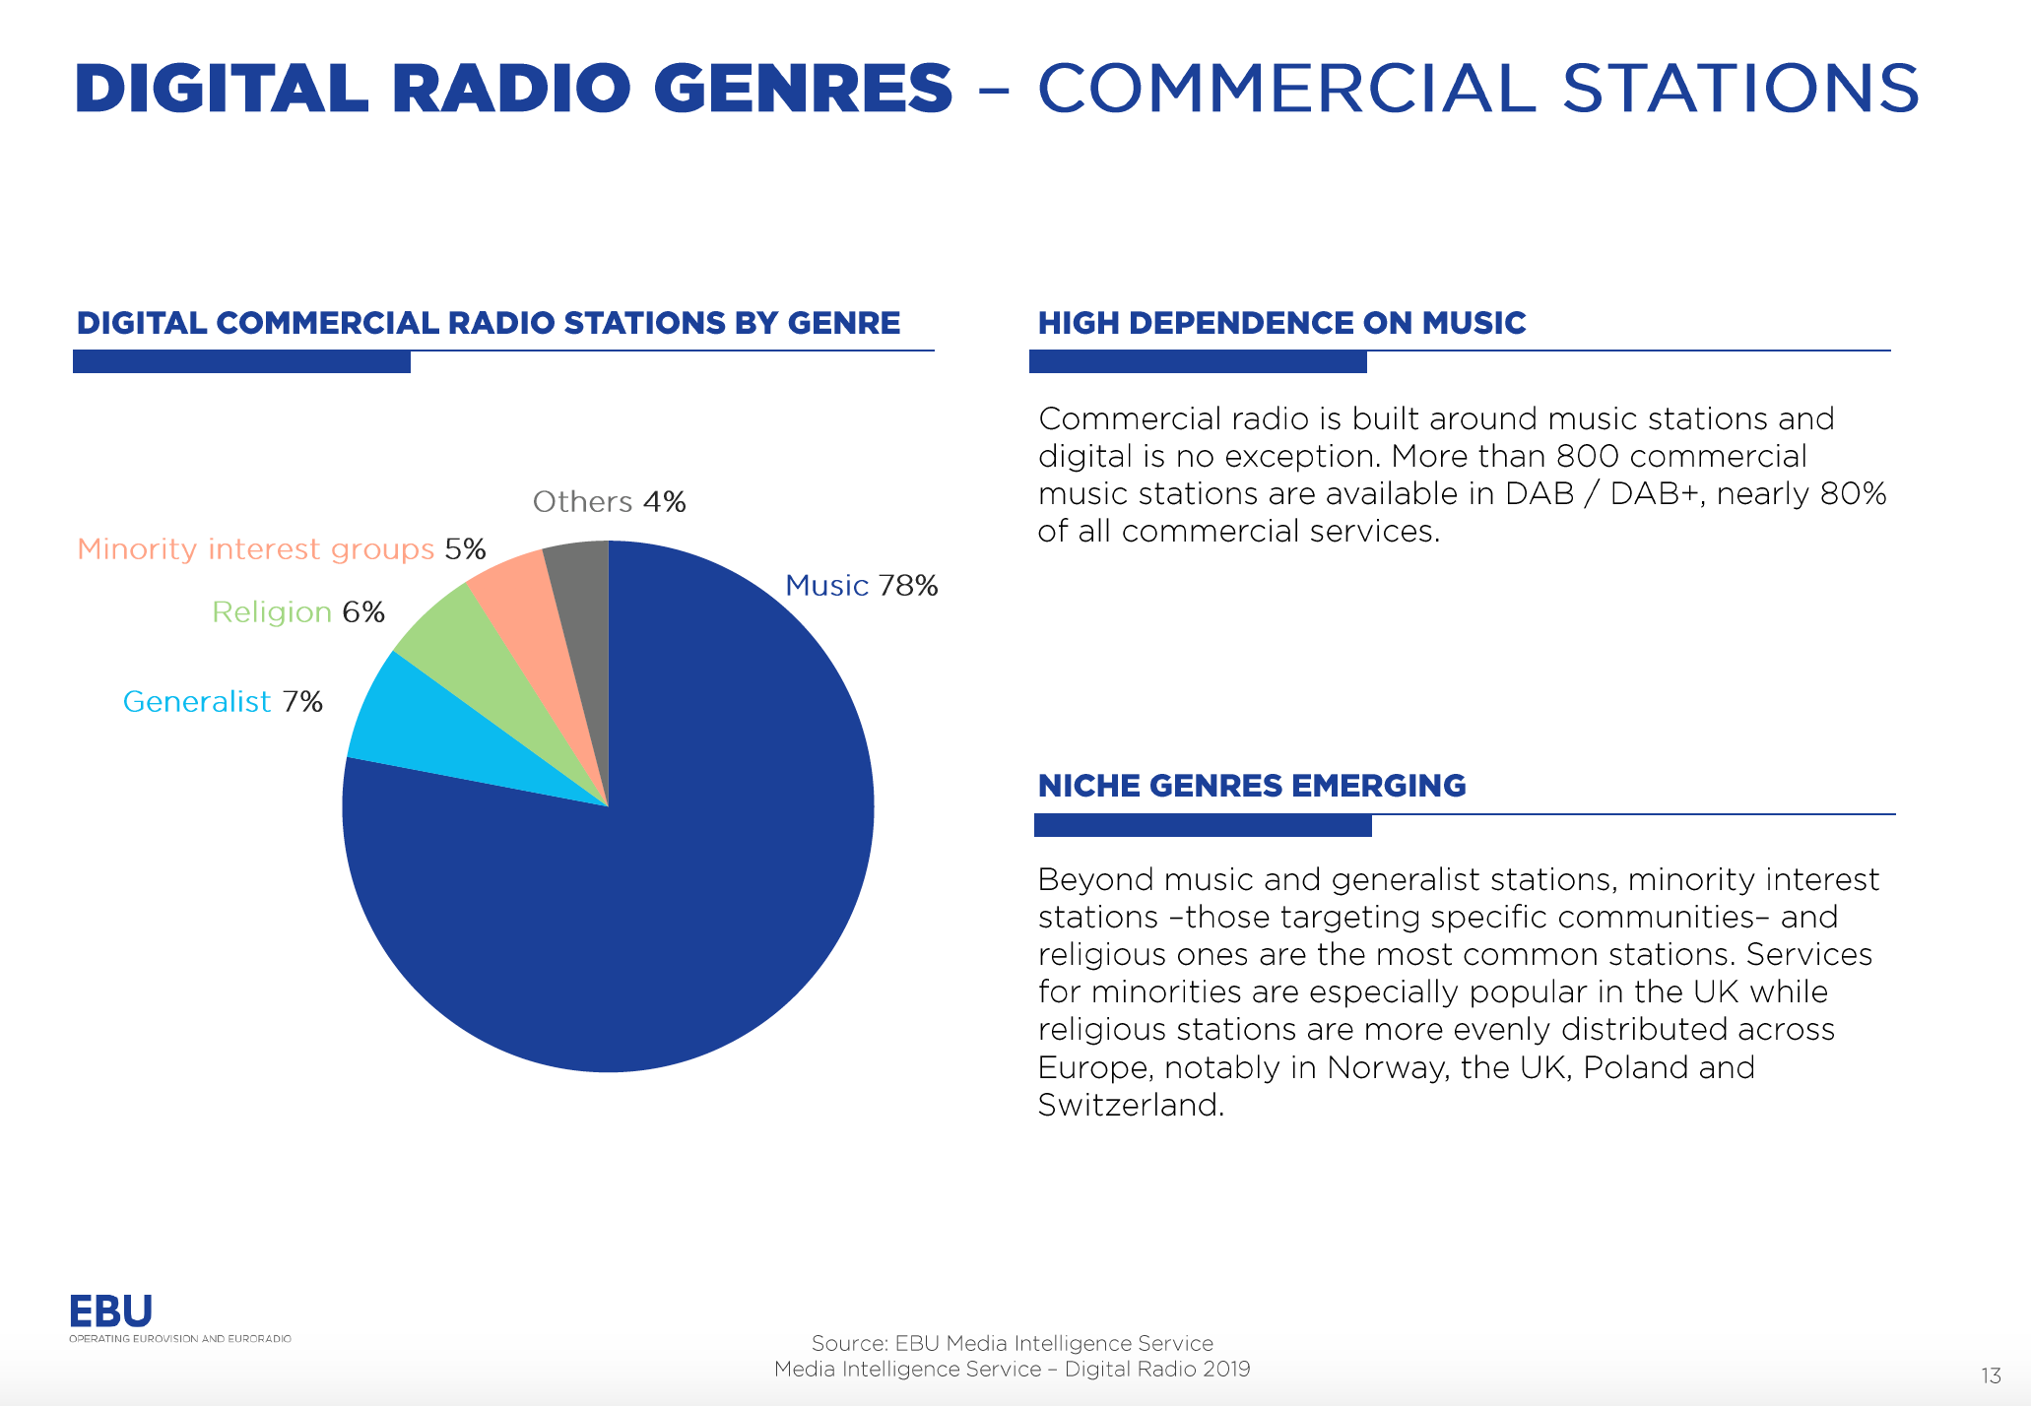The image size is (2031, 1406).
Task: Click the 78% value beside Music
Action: (x=908, y=586)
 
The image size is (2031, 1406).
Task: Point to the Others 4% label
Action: (x=609, y=502)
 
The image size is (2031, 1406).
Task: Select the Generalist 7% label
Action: (x=223, y=702)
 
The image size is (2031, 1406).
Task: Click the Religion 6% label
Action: (x=298, y=612)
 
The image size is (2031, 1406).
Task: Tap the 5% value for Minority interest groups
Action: (x=465, y=549)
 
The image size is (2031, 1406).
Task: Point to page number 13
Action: (x=1991, y=1375)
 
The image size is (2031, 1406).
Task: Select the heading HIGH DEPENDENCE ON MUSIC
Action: (x=1281, y=323)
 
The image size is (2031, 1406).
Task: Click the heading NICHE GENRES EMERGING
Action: (x=1252, y=786)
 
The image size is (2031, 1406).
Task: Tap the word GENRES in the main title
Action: (x=803, y=88)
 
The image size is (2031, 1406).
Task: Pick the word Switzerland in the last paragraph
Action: (x=1131, y=1106)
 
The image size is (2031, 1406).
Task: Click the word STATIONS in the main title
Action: (x=1740, y=88)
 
